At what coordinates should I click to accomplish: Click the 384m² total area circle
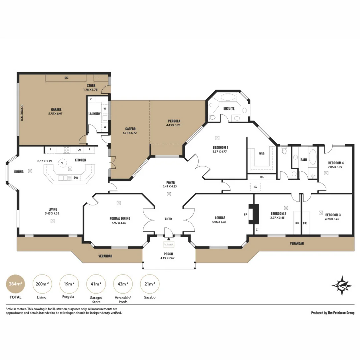15,284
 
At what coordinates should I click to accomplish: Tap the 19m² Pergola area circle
69,284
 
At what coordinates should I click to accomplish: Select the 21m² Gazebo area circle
149,284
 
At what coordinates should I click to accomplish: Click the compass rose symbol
342,285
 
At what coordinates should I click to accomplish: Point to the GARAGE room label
56,110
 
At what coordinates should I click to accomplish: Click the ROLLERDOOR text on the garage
22,113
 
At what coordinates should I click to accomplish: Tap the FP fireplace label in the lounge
245,215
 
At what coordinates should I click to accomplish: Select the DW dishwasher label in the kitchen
76,177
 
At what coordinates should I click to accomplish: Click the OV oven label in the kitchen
79,150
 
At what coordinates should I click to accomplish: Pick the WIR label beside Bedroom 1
262,154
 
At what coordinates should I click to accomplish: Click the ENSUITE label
229,108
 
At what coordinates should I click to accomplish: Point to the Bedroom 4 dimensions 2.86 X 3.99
335,167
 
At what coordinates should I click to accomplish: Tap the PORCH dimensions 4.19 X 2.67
168,258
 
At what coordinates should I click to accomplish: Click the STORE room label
91,85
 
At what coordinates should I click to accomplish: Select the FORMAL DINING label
120,219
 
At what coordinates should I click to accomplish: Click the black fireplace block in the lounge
254,214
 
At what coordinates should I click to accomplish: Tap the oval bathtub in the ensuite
228,97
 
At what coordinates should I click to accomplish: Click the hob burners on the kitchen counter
67,150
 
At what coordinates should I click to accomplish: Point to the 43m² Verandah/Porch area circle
123,284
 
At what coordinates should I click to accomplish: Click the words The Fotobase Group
341,313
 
